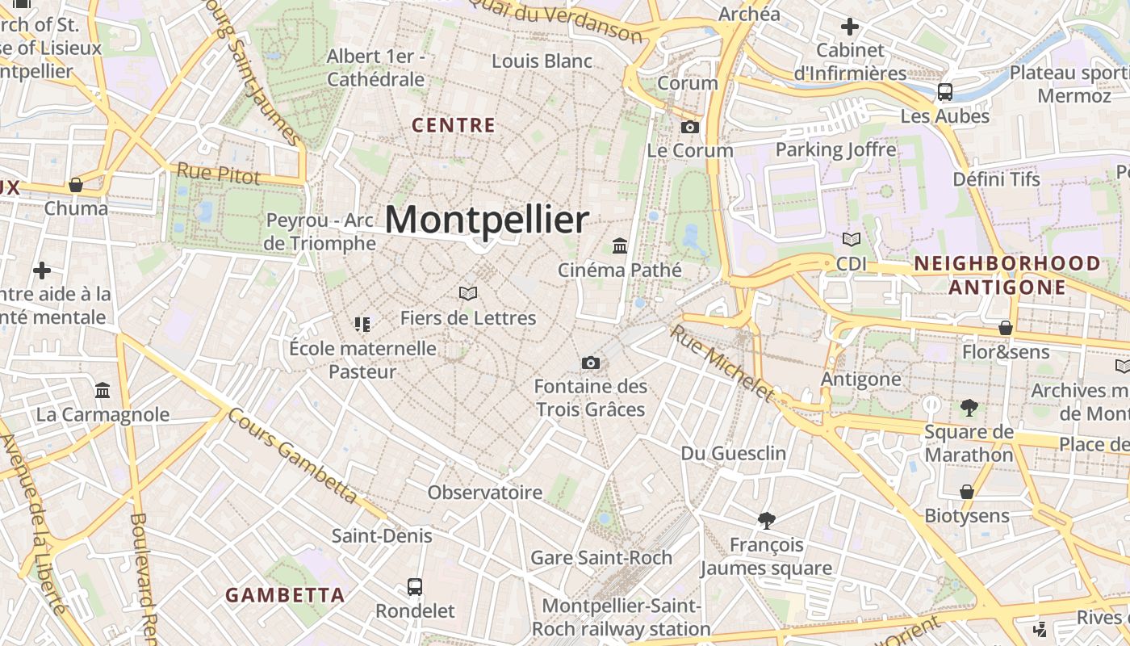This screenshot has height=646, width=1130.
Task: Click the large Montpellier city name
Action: click(x=487, y=220)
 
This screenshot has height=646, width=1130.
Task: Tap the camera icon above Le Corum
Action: click(x=689, y=127)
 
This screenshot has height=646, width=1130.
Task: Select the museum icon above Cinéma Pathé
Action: click(x=620, y=245)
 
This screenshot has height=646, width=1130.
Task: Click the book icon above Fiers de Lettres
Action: click(x=468, y=293)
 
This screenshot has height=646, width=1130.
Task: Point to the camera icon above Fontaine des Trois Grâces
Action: click(x=591, y=363)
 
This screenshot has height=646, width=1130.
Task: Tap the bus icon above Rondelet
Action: click(x=415, y=587)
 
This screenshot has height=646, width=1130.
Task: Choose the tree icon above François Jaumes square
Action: click(x=766, y=520)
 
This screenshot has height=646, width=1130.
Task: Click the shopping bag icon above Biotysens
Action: click(x=966, y=491)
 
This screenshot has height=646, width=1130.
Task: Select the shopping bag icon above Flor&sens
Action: click(x=1006, y=327)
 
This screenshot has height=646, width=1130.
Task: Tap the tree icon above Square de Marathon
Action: click(x=969, y=408)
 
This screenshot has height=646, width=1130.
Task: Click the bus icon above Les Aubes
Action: click(x=945, y=92)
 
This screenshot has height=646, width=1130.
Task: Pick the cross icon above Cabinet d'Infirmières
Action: click(x=850, y=27)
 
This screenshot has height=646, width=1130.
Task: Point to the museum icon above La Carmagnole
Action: click(x=103, y=391)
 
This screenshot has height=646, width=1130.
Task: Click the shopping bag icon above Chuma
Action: click(x=76, y=185)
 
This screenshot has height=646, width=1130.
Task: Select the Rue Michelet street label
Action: click(x=722, y=363)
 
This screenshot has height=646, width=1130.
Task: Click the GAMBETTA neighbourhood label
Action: click(x=285, y=596)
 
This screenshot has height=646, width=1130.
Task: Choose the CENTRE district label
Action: click(x=454, y=125)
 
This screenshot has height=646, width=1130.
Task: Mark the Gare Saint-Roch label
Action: click(x=601, y=557)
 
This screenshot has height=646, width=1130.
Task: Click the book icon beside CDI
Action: click(x=851, y=239)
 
